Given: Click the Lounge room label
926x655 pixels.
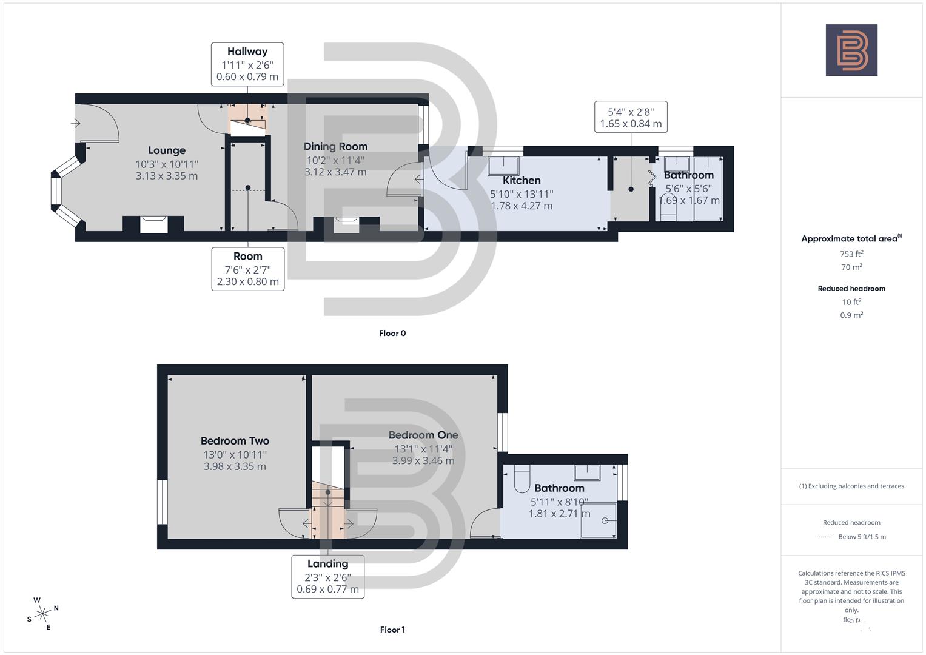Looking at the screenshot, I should [x=167, y=150].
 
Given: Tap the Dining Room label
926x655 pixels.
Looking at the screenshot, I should [x=335, y=146].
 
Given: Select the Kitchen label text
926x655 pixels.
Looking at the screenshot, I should [x=522, y=180].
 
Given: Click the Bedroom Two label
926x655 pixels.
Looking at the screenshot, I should [x=235, y=441].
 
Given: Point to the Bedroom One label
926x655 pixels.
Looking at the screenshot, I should [x=423, y=435].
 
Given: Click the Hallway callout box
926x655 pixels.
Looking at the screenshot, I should [x=247, y=64].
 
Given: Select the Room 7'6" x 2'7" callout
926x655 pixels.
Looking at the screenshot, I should [x=248, y=269].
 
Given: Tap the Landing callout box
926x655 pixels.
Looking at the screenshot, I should [x=328, y=576].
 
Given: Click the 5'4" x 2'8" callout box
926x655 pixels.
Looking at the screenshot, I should [x=631, y=117].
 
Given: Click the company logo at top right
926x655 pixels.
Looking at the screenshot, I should [x=851, y=50].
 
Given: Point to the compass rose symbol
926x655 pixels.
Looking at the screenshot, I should [x=42, y=614].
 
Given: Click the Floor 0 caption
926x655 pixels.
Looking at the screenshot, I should [x=392, y=333].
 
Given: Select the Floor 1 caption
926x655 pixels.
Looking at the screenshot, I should [x=392, y=630].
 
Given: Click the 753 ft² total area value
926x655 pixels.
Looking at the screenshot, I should [x=851, y=254].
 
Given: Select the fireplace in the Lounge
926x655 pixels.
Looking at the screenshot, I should [x=153, y=224].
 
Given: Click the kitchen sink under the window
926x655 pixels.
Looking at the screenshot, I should [x=503, y=166].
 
